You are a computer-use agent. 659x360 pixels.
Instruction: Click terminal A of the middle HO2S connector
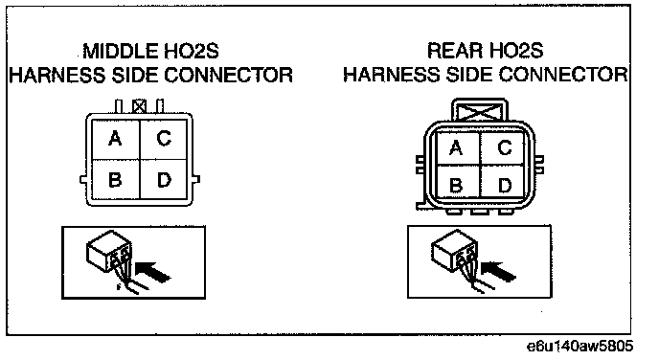click(x=116, y=139)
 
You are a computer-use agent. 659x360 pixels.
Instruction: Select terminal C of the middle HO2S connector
click(x=164, y=139)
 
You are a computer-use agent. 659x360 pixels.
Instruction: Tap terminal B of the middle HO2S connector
click(x=116, y=179)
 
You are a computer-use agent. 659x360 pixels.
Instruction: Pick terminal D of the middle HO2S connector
click(x=164, y=179)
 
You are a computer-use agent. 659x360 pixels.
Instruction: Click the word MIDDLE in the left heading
click(x=120, y=52)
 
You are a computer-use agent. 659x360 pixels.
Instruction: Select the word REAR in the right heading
click(x=455, y=51)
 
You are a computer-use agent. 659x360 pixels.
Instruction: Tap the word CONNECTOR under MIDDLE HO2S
click(x=228, y=76)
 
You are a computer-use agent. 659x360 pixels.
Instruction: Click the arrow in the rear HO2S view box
click(x=498, y=270)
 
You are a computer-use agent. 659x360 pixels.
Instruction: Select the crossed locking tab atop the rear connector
click(x=480, y=110)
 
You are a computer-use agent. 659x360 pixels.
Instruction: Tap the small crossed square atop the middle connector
click(x=139, y=106)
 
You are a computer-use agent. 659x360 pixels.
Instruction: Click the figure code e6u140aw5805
click(x=580, y=347)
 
